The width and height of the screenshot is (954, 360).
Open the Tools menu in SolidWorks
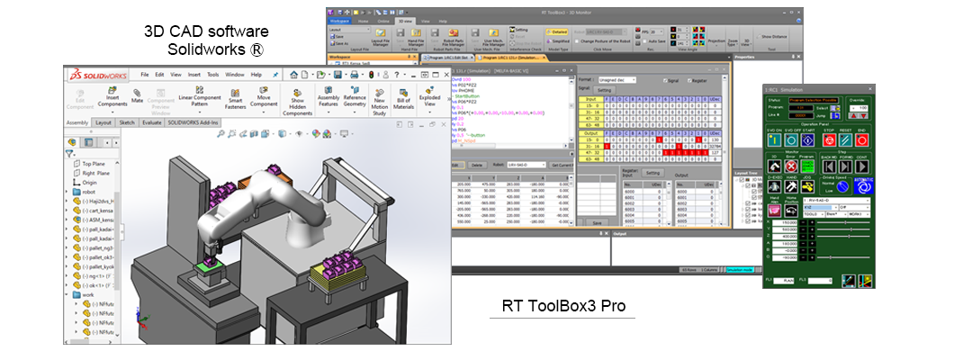[x=212, y=75]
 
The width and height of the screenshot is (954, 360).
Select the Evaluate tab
[x=151, y=121]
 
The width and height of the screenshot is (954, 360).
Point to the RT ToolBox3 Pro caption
[x=563, y=306]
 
